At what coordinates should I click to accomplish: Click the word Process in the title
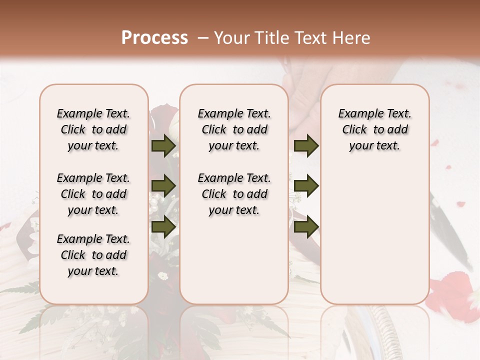click(154, 38)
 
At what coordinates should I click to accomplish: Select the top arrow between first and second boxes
click(163, 146)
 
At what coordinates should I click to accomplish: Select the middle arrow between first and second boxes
click(163, 186)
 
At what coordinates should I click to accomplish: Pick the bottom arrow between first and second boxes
click(163, 226)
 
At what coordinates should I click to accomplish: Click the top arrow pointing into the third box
click(306, 146)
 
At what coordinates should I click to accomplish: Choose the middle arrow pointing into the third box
click(306, 185)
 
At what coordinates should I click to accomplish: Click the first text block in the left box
click(93, 129)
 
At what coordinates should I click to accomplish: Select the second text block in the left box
click(93, 194)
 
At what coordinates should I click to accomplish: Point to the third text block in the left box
click(93, 255)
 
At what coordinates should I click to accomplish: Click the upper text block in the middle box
click(234, 129)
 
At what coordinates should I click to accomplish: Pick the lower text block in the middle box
click(234, 194)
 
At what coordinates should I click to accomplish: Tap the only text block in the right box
click(374, 129)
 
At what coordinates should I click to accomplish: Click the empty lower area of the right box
click(374, 235)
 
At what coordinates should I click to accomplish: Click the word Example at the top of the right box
click(355, 113)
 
